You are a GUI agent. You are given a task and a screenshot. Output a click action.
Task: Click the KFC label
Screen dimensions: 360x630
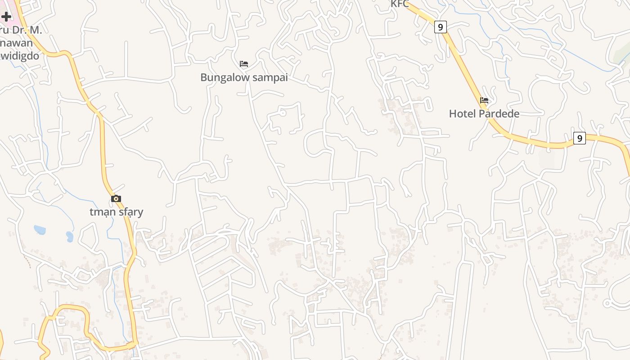(400, 4)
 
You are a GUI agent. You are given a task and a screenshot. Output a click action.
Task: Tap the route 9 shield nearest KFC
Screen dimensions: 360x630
(440, 27)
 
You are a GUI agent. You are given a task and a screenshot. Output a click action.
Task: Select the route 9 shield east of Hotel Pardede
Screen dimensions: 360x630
(580, 138)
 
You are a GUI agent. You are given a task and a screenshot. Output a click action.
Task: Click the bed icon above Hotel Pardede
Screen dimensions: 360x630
(484, 100)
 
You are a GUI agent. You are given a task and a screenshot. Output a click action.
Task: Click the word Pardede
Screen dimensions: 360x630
(499, 114)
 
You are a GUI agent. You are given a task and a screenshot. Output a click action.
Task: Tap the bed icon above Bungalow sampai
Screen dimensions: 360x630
(244, 64)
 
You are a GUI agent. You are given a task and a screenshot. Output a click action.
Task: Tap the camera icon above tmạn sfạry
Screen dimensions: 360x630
(116, 198)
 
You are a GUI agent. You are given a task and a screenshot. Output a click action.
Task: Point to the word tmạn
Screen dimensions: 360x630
(102, 212)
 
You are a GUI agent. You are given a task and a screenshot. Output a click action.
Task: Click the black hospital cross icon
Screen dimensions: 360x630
(6, 17)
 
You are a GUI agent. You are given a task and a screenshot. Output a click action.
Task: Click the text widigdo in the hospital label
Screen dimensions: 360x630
(21, 56)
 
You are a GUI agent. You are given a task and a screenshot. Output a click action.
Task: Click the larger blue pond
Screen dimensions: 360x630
(40, 230)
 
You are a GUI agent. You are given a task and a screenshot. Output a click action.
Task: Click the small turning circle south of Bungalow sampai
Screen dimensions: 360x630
(283, 113)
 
